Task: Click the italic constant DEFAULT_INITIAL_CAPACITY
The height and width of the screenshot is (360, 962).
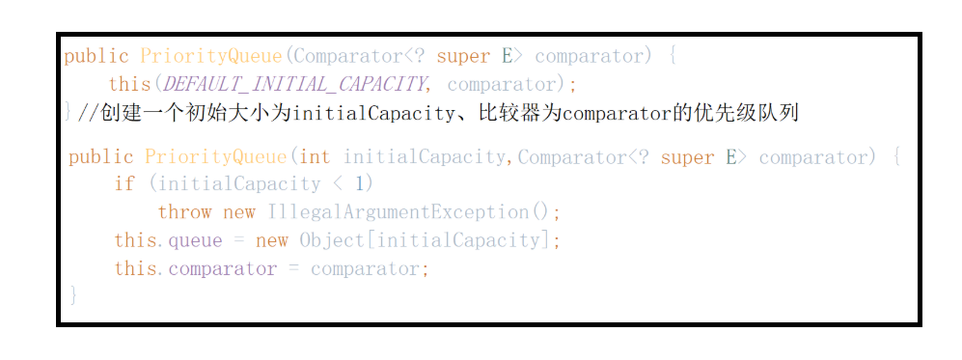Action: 294,84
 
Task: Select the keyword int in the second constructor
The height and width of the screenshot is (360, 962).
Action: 315,157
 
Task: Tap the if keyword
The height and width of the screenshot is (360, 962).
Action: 124,184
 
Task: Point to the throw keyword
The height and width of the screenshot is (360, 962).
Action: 184,212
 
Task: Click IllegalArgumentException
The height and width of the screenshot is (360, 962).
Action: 398,212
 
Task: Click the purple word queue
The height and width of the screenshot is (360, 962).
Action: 195,241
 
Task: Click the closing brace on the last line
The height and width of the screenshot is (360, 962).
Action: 73,294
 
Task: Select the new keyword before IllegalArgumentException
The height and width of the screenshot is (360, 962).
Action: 238,212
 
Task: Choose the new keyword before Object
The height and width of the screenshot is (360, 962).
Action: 271,241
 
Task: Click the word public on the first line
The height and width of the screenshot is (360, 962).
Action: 96,56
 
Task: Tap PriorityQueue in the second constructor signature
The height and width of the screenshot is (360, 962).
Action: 216,157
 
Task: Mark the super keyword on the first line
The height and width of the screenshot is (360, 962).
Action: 463,57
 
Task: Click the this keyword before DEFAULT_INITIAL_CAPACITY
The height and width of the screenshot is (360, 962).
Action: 129,84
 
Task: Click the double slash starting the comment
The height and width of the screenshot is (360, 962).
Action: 87,114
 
